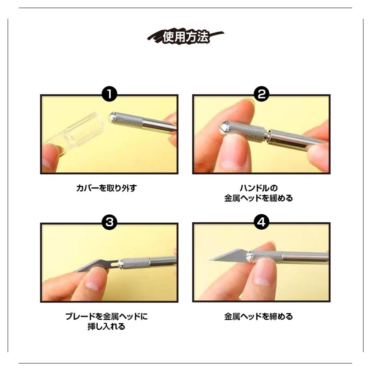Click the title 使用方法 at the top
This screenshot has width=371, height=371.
[x=186, y=37]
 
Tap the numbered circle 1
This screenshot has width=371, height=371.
[x=109, y=94]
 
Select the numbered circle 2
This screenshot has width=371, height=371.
[x=261, y=94]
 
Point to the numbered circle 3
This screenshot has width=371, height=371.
[x=109, y=222]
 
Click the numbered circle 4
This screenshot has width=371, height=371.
[x=261, y=222]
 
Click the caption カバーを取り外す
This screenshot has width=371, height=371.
[x=106, y=188]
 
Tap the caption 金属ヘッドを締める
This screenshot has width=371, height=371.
[x=258, y=316]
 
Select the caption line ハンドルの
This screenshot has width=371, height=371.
[x=258, y=188]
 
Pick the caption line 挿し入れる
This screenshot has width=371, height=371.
[x=106, y=326]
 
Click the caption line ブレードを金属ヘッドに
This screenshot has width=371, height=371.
[x=106, y=316]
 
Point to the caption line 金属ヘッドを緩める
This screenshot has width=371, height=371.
[x=258, y=198]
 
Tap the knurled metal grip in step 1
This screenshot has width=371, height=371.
[x=127, y=120]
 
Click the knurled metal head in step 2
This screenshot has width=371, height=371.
[x=244, y=131]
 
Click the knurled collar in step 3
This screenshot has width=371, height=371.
[x=134, y=263]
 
